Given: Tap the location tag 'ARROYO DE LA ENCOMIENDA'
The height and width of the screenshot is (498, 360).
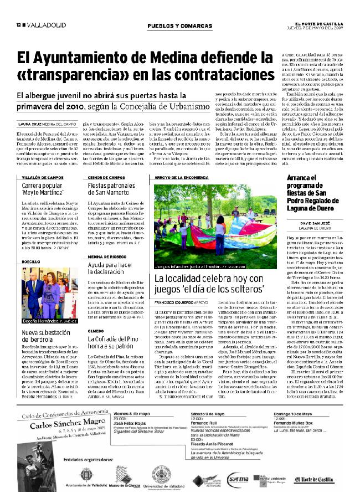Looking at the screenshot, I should point(183,177).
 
